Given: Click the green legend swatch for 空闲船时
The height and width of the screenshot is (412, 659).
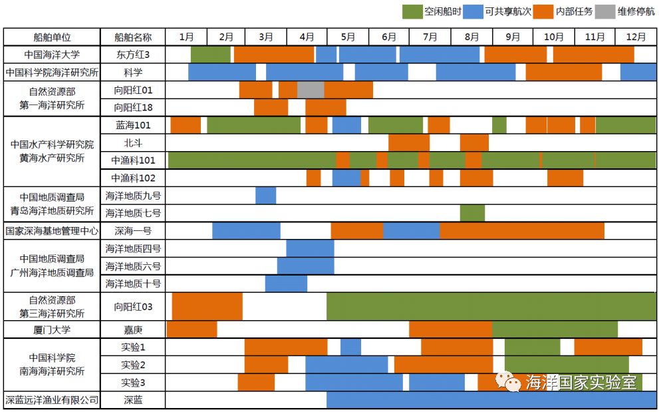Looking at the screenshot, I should (x=413, y=11).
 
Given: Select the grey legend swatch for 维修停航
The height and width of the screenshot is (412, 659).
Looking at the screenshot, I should (x=604, y=11).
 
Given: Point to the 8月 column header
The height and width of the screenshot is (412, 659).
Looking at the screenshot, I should (x=472, y=37).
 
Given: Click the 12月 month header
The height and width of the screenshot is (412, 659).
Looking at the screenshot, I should (x=636, y=37).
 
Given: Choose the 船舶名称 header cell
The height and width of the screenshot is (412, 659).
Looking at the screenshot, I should (x=133, y=37).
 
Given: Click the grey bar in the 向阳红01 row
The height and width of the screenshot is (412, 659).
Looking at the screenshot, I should (x=311, y=89).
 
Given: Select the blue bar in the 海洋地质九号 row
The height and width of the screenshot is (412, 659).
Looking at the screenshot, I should (x=265, y=196).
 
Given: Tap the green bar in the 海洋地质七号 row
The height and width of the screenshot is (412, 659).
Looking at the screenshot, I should (x=472, y=213).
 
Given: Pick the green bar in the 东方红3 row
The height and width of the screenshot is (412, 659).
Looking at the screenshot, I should (x=211, y=55).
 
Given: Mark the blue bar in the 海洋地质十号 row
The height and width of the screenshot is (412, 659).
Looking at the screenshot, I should (x=286, y=284).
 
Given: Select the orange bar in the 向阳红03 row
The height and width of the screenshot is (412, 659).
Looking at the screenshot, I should (x=207, y=306).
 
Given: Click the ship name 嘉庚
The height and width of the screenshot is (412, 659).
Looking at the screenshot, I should (x=133, y=329).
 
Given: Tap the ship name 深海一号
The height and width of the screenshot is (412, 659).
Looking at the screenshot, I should (x=133, y=231).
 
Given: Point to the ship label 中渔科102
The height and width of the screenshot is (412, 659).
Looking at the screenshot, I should (x=133, y=178).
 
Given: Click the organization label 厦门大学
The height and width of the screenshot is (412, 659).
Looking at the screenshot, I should (x=52, y=329).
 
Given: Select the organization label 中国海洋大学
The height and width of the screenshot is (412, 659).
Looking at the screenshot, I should (x=52, y=55).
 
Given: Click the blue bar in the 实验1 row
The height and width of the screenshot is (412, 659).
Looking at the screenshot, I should (x=350, y=347).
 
